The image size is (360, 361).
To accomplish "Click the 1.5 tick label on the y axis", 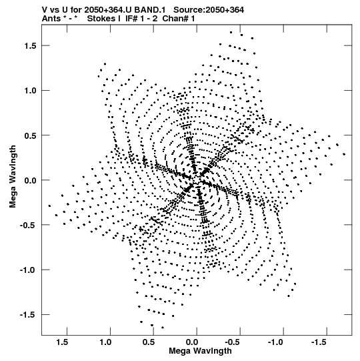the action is [31, 45].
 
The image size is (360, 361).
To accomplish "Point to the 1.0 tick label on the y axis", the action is [31, 91].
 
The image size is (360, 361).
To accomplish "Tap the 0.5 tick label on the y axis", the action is [31, 135].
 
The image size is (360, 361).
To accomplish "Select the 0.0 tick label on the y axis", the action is [31, 180].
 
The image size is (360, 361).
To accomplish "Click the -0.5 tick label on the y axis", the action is [28, 225].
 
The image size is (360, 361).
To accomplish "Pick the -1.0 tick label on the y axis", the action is [28, 270].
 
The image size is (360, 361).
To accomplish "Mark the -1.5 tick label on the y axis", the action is [28, 315].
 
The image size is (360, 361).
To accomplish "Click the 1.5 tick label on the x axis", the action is [62, 342].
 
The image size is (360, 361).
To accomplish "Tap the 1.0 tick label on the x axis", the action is [105, 342].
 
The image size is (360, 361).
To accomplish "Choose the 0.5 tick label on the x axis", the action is [149, 342].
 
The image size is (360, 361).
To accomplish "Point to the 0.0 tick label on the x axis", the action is [192, 342].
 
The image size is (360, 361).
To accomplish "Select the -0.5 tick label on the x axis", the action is [233, 342].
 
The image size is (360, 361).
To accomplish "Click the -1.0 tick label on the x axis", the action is [276, 342].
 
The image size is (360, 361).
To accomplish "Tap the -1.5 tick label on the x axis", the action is [320, 342].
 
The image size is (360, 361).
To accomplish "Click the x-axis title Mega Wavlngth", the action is [200, 351].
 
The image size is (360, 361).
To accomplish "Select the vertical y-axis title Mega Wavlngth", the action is [13, 177].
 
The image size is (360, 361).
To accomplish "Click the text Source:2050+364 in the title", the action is [209, 10].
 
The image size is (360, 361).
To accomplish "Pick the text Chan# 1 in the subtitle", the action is [179, 19].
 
